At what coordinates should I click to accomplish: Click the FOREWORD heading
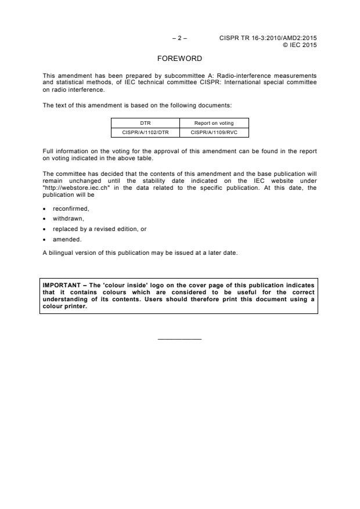180,59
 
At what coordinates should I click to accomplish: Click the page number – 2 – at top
180,38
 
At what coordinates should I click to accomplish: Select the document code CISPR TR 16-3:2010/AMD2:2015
268,38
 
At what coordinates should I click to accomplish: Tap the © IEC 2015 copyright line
300,45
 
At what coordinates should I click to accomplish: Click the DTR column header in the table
145,123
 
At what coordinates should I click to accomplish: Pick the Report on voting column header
214,123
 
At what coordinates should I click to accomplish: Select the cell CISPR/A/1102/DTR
145,132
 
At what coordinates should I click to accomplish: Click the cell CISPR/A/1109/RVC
214,132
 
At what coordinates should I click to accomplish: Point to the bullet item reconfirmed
71,208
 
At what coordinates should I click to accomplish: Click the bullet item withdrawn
69,219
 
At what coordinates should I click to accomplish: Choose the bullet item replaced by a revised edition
99,229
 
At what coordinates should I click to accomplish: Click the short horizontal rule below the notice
179,339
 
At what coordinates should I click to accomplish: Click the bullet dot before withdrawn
45,219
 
